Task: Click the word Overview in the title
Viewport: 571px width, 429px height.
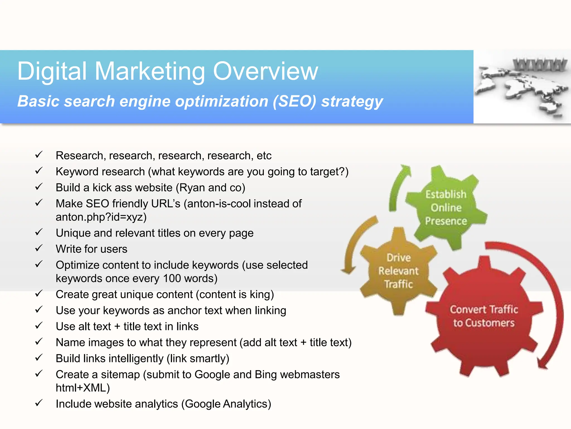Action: [265, 71]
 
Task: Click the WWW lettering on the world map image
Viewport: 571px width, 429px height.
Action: [539, 65]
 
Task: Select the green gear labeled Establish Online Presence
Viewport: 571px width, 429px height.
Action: [446, 208]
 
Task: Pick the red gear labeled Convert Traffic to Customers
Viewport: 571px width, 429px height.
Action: [484, 316]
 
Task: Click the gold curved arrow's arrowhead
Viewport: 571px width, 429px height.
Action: [348, 270]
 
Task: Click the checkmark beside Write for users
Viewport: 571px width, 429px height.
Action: [39, 248]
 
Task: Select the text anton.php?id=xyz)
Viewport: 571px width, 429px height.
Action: [101, 217]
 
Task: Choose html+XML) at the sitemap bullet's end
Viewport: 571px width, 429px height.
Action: [83, 388]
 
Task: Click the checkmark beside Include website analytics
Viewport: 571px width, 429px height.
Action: [39, 403]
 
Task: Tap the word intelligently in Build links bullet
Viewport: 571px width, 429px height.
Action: [136, 359]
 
